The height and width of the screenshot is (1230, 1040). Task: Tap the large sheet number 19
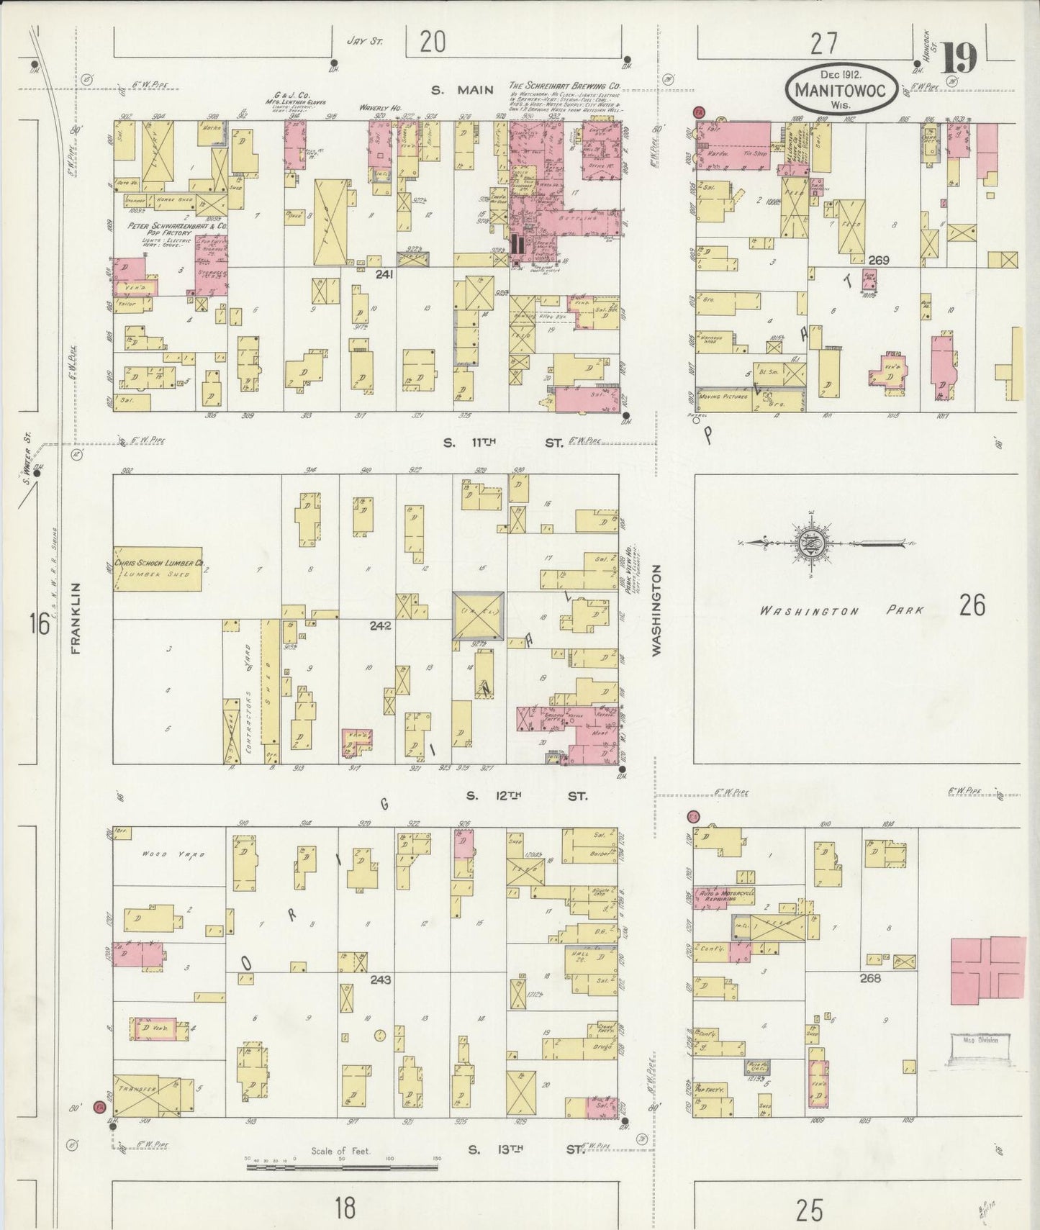tap(959, 58)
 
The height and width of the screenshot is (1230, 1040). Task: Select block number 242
tap(380, 625)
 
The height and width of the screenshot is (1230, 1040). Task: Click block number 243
tap(380, 980)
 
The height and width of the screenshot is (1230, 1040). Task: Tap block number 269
tap(880, 260)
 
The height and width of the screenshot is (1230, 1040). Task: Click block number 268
tap(869, 978)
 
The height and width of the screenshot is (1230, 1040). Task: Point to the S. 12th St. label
tap(526, 796)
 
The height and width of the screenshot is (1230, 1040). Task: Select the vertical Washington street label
tap(656, 609)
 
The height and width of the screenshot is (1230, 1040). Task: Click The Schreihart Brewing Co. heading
tap(564, 86)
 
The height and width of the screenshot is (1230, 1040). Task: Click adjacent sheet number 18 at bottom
tap(345, 1208)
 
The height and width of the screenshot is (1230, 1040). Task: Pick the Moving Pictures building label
tap(720, 397)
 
